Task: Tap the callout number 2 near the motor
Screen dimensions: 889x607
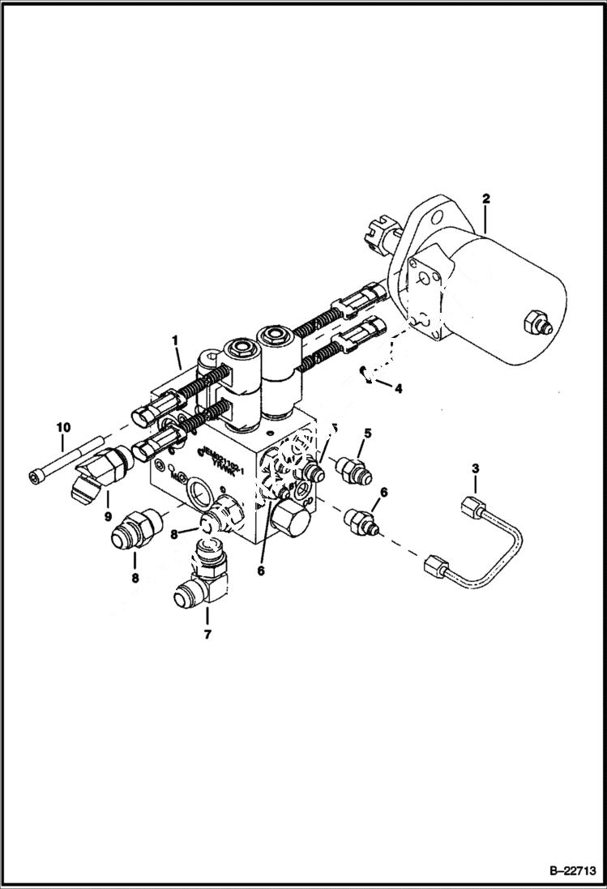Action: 485,198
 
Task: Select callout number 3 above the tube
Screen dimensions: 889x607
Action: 476,469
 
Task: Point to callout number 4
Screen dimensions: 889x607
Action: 397,388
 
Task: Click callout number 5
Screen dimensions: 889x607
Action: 366,434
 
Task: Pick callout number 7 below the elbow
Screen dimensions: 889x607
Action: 207,635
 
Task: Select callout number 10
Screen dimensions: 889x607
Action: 63,426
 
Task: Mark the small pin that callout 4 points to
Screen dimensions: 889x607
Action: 366,374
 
